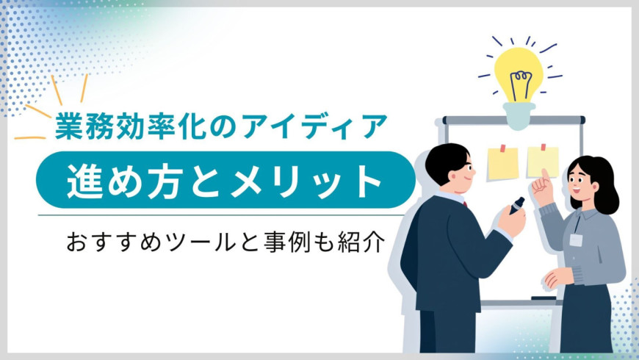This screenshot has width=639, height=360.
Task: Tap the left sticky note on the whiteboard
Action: pos(502,163)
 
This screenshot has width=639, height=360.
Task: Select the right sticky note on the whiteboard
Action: pos(542,161)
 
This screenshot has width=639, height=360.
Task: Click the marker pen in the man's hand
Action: pos(518,205)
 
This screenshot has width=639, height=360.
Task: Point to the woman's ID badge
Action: pos(576,240)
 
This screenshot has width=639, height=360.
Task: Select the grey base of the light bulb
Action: pos(519,111)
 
